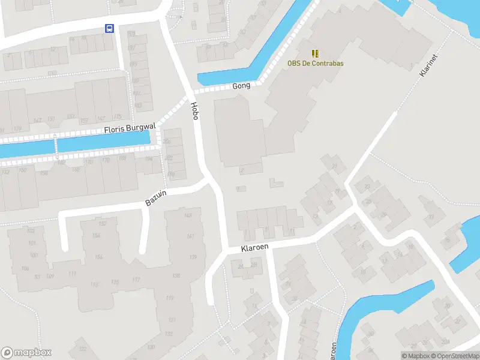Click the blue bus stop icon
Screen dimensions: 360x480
tap(109, 28)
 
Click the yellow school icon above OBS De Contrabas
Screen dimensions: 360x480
tap(314, 53)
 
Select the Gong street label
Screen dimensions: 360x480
tap(241, 86)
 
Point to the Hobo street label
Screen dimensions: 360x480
tap(194, 111)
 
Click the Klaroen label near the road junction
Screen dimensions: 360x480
tap(254, 247)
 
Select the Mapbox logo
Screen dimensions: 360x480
tap(26, 353)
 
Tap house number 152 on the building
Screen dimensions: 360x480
tap(102, 224)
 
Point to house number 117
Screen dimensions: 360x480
tap(136, 280)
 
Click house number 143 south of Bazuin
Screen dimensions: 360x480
tap(188, 216)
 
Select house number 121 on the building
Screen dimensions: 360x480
tap(172, 320)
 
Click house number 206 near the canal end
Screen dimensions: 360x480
tap(167, 141)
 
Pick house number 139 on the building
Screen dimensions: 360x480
tap(193, 257)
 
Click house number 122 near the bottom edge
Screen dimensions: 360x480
tap(82, 349)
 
